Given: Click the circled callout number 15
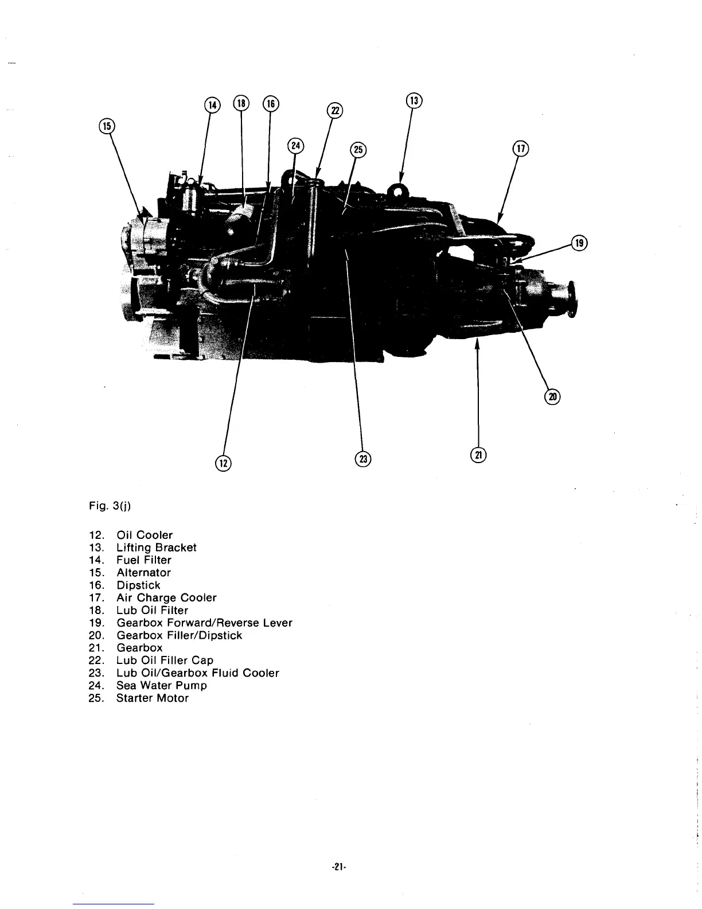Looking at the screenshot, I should click(106, 125).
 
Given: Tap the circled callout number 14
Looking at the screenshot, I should click(212, 104).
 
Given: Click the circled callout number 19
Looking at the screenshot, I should click(579, 243).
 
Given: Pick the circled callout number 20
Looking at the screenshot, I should click(552, 397).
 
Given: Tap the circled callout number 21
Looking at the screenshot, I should click(478, 454).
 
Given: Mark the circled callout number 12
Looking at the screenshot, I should click(223, 463).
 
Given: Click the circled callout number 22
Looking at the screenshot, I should click(334, 110).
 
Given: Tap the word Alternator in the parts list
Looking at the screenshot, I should click(143, 572).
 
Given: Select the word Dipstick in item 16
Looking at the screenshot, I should click(138, 585).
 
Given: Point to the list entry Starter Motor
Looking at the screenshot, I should click(152, 698).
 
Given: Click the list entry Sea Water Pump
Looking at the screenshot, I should click(161, 685).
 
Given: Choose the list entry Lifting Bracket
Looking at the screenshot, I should click(156, 547).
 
